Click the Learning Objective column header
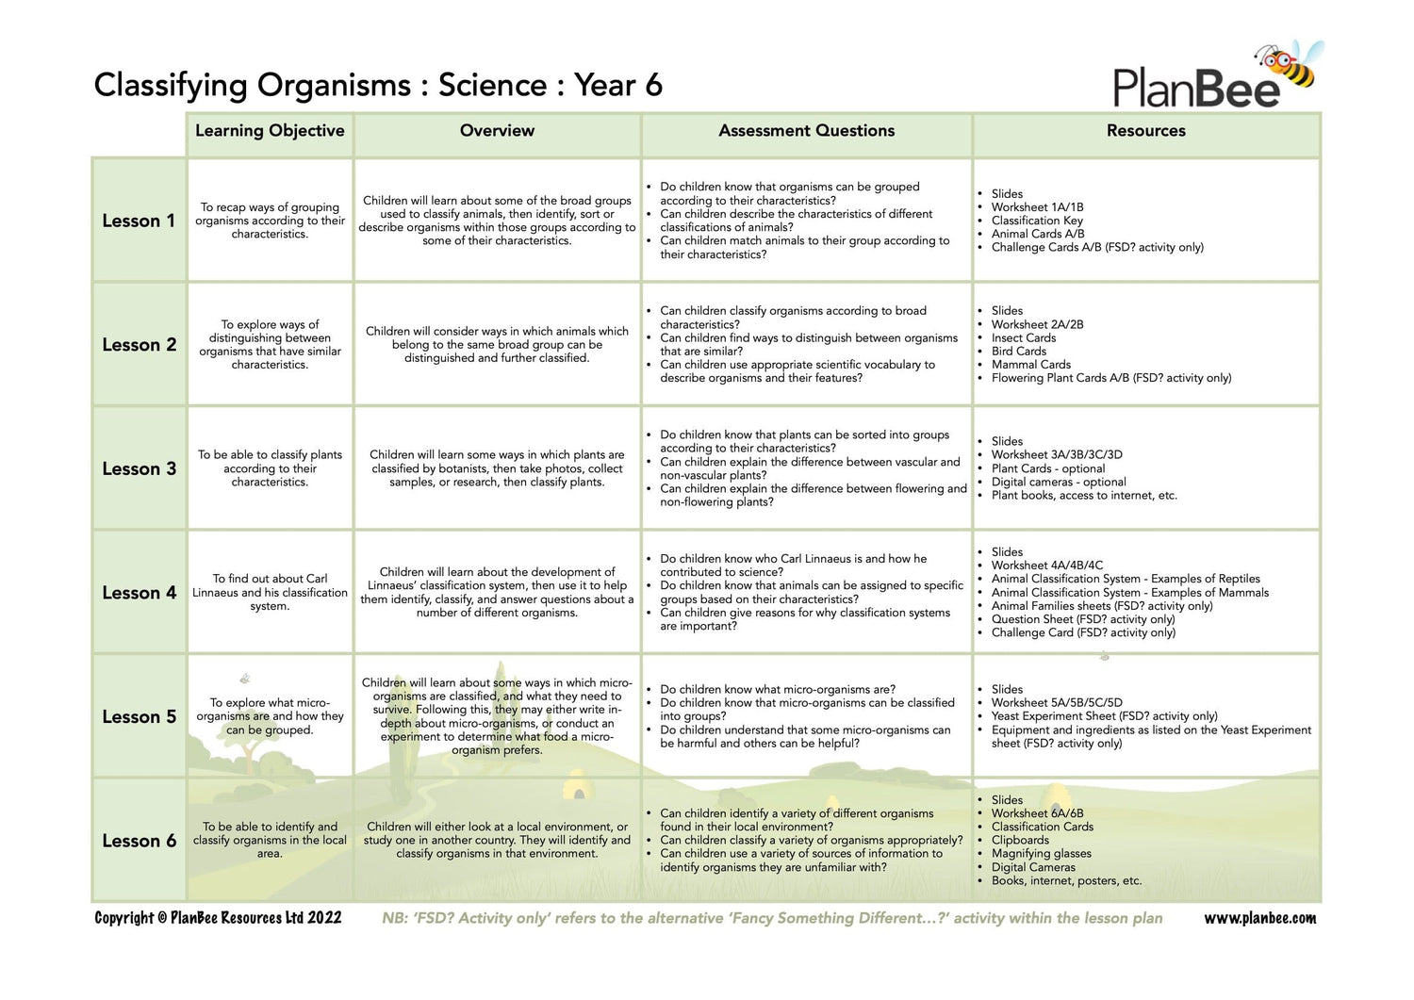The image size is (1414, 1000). coord(270,131)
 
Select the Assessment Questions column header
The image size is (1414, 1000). coord(806,131)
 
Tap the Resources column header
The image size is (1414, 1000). coord(1145,131)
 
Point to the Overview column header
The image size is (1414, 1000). coord(497,131)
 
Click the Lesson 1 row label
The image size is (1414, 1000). coord(139,221)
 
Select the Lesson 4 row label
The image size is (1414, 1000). coord(139,593)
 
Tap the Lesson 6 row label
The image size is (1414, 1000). coord(139,841)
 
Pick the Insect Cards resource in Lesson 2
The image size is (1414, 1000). coord(1023,337)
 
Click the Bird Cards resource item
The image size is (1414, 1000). coord(1018,351)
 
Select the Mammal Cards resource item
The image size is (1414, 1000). coord(1030,365)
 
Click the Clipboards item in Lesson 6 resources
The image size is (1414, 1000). coord(1020,840)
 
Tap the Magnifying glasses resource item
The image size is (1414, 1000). coord(1041,854)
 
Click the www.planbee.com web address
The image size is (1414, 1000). coord(1259,918)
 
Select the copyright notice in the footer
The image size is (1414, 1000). coord(218,918)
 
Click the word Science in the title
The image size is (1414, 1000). coord(492,85)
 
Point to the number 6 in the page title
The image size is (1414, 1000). coord(653,85)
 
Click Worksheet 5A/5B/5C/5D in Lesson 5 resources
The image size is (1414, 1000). coord(1057,702)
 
